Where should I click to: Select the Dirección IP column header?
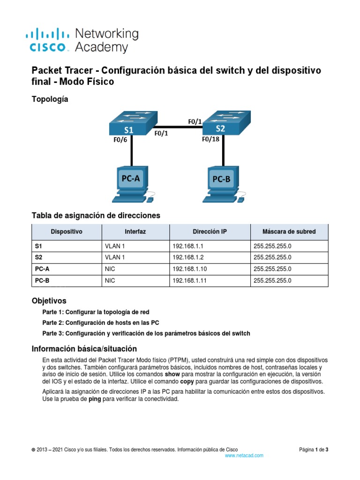point(210,232)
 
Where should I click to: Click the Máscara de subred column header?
point(289,232)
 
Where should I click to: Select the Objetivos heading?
point(49,300)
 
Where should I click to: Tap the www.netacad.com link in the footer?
point(244,455)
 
